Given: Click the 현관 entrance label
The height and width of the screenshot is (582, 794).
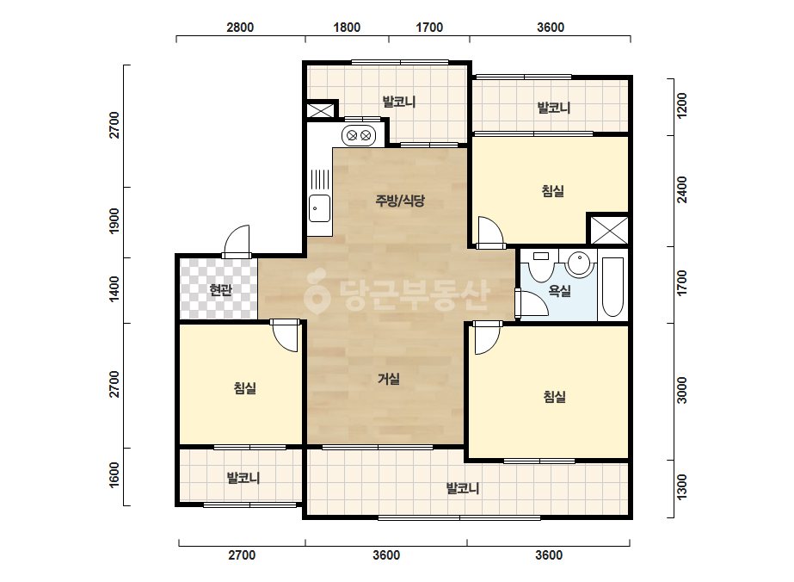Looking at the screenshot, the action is point(221,290).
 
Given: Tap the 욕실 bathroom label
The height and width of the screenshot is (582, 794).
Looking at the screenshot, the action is point(559,290).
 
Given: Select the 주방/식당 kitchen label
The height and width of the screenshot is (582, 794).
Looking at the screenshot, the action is point(399,201).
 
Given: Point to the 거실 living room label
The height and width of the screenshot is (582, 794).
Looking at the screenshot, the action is point(388,379).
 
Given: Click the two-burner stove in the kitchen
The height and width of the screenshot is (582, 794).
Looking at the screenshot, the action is point(359,135).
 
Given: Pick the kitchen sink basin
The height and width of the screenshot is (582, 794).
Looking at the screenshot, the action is point(319,207).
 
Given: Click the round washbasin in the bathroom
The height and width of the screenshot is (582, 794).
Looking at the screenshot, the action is point(578,263).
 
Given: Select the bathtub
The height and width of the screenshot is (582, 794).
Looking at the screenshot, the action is point(612,287).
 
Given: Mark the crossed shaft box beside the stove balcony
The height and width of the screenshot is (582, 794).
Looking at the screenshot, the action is point(321,110).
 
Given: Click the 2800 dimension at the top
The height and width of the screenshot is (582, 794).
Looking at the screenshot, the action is point(240,28).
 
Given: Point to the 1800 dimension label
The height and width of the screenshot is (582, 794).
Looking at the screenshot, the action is point(347,28).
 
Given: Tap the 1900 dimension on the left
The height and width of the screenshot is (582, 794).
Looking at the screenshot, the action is point(114,221).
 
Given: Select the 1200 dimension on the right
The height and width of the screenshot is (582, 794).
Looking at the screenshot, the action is point(682,106).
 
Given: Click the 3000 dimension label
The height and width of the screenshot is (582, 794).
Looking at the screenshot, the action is point(682,390).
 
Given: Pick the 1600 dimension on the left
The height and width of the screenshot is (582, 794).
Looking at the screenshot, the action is point(114,475).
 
